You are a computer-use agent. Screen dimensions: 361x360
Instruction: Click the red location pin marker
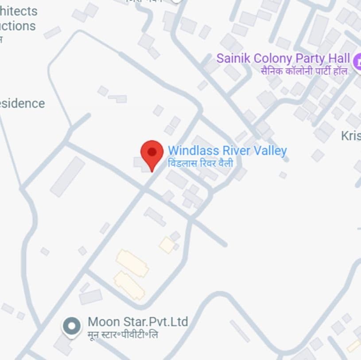(152, 153)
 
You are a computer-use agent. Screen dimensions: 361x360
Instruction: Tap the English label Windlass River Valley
(227, 151)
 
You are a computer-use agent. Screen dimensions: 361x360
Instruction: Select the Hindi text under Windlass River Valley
(201, 163)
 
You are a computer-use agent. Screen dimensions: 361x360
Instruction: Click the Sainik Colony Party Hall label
(283, 59)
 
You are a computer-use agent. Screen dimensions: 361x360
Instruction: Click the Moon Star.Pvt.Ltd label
(138, 321)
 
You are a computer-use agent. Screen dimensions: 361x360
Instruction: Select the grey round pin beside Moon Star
(72, 326)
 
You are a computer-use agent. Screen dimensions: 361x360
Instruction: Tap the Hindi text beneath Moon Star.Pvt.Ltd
(123, 334)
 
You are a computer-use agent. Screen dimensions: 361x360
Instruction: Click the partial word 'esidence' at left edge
(22, 103)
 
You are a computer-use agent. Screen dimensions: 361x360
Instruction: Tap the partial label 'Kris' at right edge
(351, 136)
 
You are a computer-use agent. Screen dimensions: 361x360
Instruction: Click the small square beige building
(167, 245)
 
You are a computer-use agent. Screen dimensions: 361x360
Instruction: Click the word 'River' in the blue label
(234, 151)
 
